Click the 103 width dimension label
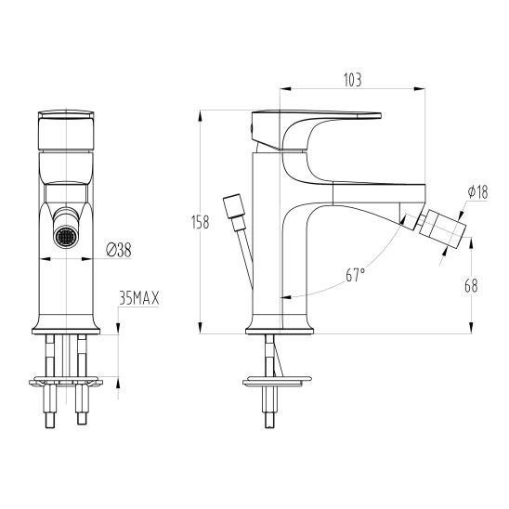[x=352, y=80]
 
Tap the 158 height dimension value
[x=201, y=222]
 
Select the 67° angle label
[x=355, y=276]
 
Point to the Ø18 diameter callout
[x=477, y=192]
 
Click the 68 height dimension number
[x=471, y=286]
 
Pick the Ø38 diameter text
[x=119, y=250]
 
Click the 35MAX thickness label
[x=139, y=298]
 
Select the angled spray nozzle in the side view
[x=442, y=229]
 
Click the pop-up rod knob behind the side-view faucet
[x=234, y=206]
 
